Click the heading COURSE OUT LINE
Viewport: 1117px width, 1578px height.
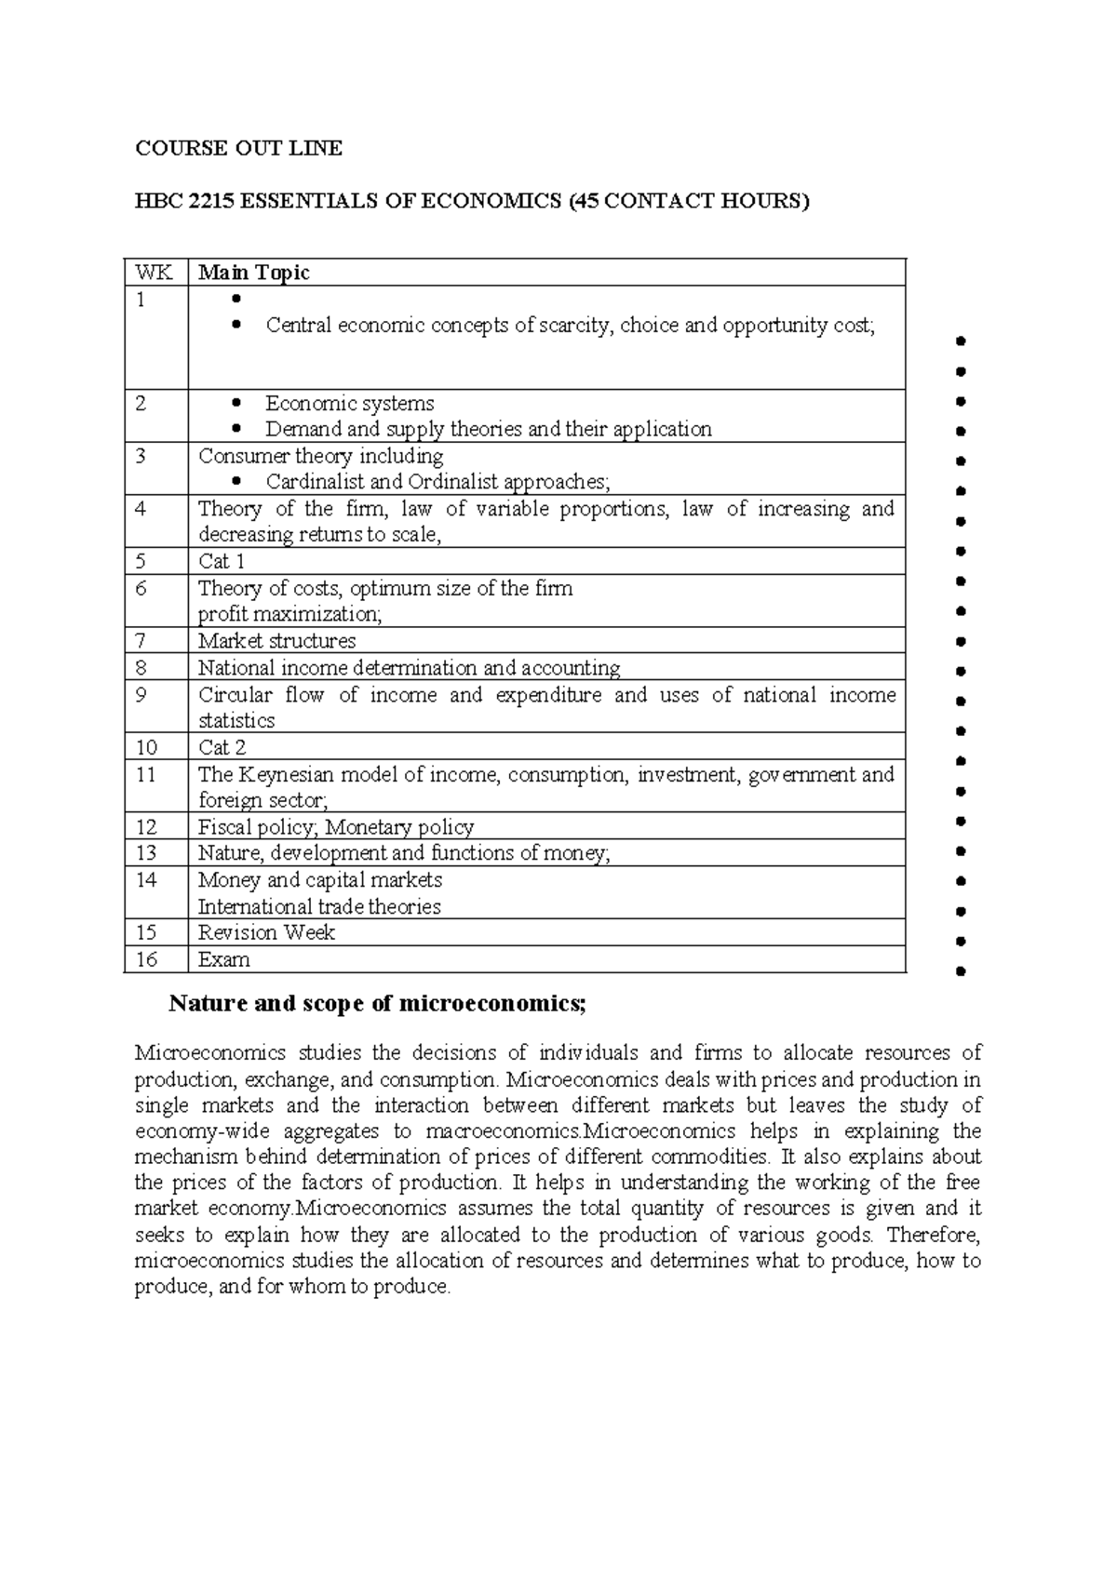pyautogui.click(x=238, y=148)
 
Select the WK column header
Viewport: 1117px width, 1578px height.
pyautogui.click(x=147, y=273)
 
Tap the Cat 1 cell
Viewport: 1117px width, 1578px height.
pyautogui.click(x=222, y=561)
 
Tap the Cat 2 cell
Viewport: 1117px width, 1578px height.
pyautogui.click(x=222, y=747)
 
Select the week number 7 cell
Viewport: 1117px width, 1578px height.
pyautogui.click(x=141, y=640)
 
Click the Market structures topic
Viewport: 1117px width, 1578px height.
pyautogui.click(x=276, y=641)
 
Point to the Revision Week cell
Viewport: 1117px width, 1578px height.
pyautogui.click(x=266, y=932)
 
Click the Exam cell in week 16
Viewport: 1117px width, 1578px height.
pyautogui.click(x=223, y=959)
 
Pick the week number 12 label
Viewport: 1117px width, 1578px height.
pyautogui.click(x=146, y=826)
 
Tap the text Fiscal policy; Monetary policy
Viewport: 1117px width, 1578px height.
pyautogui.click(x=335, y=827)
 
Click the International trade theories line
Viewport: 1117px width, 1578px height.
pyautogui.click(x=319, y=906)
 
